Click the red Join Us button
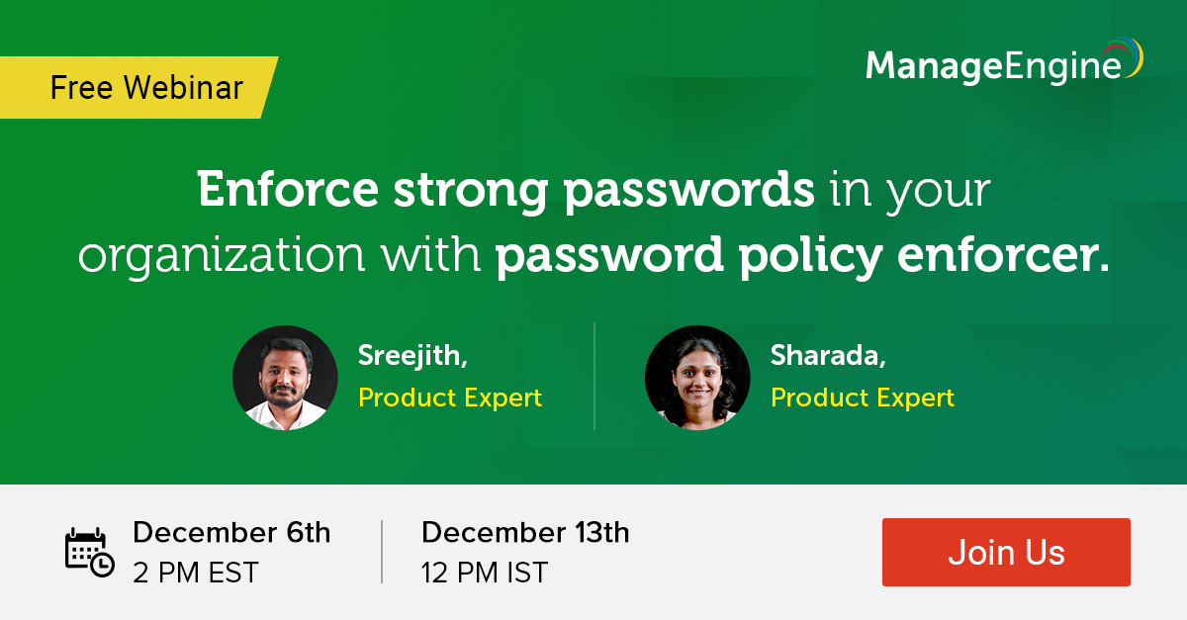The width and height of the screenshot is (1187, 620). point(1006,552)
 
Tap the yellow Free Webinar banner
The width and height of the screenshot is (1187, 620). point(138,87)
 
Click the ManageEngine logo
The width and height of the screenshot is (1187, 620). point(1004,61)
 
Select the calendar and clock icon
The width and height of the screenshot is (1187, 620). point(90,552)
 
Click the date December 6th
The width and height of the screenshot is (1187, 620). point(231,532)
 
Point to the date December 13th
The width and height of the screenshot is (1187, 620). point(525,532)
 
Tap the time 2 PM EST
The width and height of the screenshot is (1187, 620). point(196,573)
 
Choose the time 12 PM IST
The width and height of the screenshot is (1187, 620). point(485,573)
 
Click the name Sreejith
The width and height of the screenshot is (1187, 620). point(412,355)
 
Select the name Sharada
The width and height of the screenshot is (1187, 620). point(828,355)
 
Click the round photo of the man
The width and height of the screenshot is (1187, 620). point(285,378)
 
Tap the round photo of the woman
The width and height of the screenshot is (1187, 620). point(697,378)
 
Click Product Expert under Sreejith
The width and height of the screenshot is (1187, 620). point(450,398)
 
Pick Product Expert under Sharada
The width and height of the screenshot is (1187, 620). point(863,398)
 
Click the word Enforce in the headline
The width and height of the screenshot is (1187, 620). point(288,189)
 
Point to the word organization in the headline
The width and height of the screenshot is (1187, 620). point(222,256)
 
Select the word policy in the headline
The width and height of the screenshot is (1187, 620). point(811,256)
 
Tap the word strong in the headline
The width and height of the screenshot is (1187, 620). point(471,192)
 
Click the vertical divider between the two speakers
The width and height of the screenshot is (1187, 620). point(594,376)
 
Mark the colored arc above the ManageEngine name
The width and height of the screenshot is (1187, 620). point(1125,53)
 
